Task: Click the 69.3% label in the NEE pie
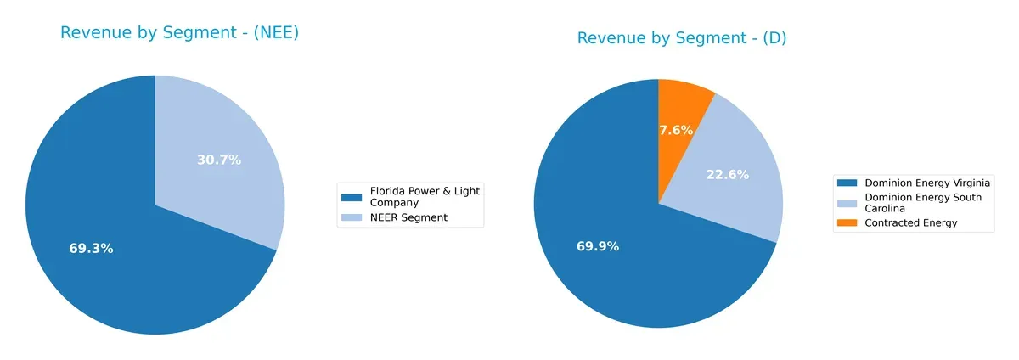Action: click(x=91, y=249)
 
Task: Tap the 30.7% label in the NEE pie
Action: click(x=219, y=160)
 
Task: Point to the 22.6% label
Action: click(x=728, y=175)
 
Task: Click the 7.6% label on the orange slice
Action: click(x=676, y=130)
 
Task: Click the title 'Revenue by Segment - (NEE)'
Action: click(x=179, y=33)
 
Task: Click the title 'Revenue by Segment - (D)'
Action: click(x=682, y=38)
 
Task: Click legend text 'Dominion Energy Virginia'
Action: click(x=926, y=183)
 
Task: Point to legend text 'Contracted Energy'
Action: click(x=910, y=222)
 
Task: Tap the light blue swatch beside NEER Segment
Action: click(x=351, y=217)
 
